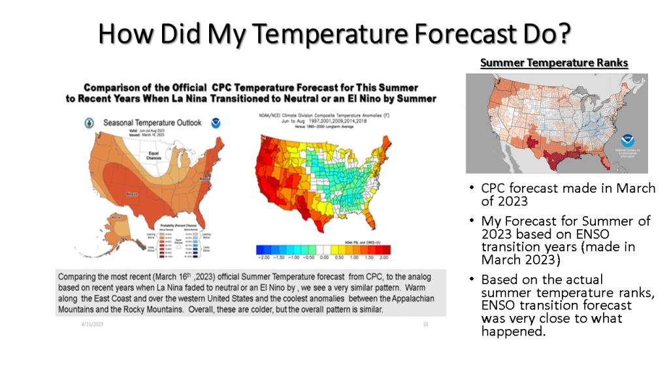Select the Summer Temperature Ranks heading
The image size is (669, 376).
click(x=554, y=63)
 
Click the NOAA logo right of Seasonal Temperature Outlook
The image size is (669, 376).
click(x=216, y=122)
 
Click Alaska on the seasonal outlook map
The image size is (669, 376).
click(x=118, y=225)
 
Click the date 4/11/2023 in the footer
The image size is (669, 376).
click(x=93, y=324)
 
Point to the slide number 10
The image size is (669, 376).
click(x=425, y=324)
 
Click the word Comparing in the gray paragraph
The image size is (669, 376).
click(x=80, y=277)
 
